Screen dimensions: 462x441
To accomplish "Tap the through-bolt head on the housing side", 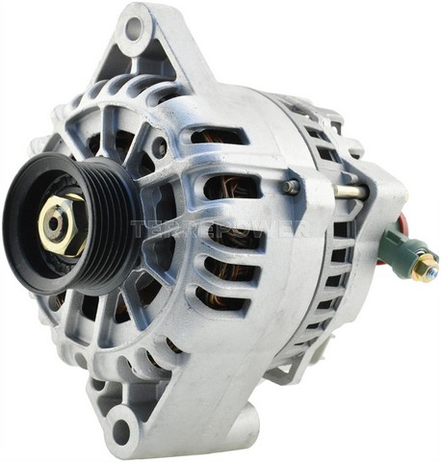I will (291, 186).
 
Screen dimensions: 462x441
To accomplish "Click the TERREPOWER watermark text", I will (220, 230).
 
